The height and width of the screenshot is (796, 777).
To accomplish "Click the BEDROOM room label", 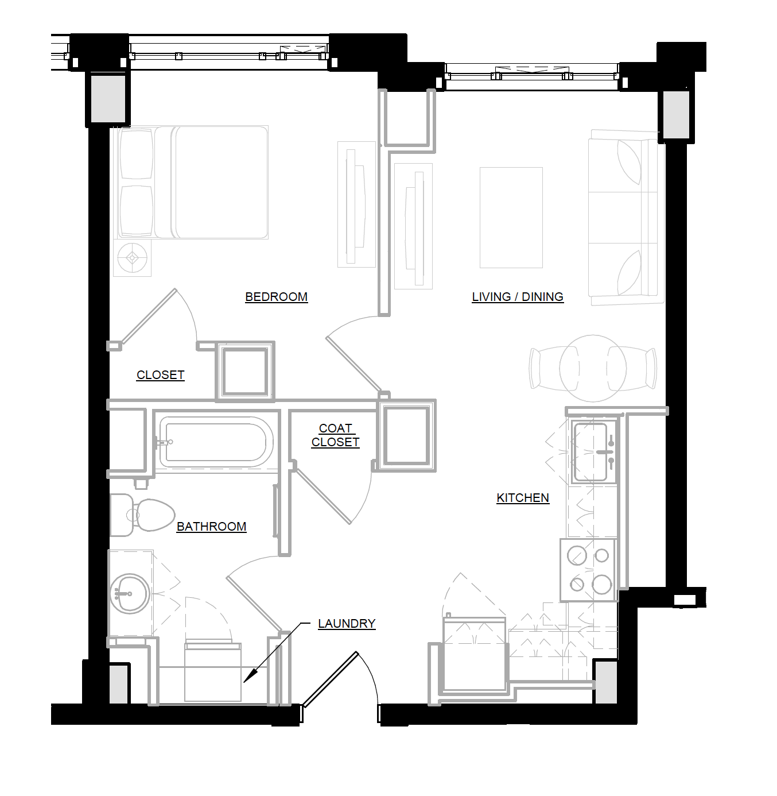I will (x=276, y=297).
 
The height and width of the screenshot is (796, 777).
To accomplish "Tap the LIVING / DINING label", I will (x=518, y=297).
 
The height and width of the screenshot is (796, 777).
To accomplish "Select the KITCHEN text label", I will (x=523, y=498).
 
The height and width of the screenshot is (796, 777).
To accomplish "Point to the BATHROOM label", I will (x=211, y=527).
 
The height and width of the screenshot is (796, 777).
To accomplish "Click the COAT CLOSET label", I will (x=336, y=435).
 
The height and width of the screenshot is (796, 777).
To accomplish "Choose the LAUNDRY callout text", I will (x=347, y=624).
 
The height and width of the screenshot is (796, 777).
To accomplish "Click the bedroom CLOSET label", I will (x=160, y=375).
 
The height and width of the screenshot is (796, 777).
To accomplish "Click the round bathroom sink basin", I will (x=131, y=593).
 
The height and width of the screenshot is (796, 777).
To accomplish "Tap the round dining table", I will (x=593, y=368).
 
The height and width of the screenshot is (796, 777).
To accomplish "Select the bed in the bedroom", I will (x=193, y=183).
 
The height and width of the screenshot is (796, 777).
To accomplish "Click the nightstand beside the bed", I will (x=133, y=257).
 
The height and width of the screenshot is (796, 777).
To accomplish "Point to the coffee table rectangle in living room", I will (x=511, y=217).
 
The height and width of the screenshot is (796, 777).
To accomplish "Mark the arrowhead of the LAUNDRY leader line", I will (x=247, y=679).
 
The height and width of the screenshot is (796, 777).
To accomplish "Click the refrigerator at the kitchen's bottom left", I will (x=474, y=653).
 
